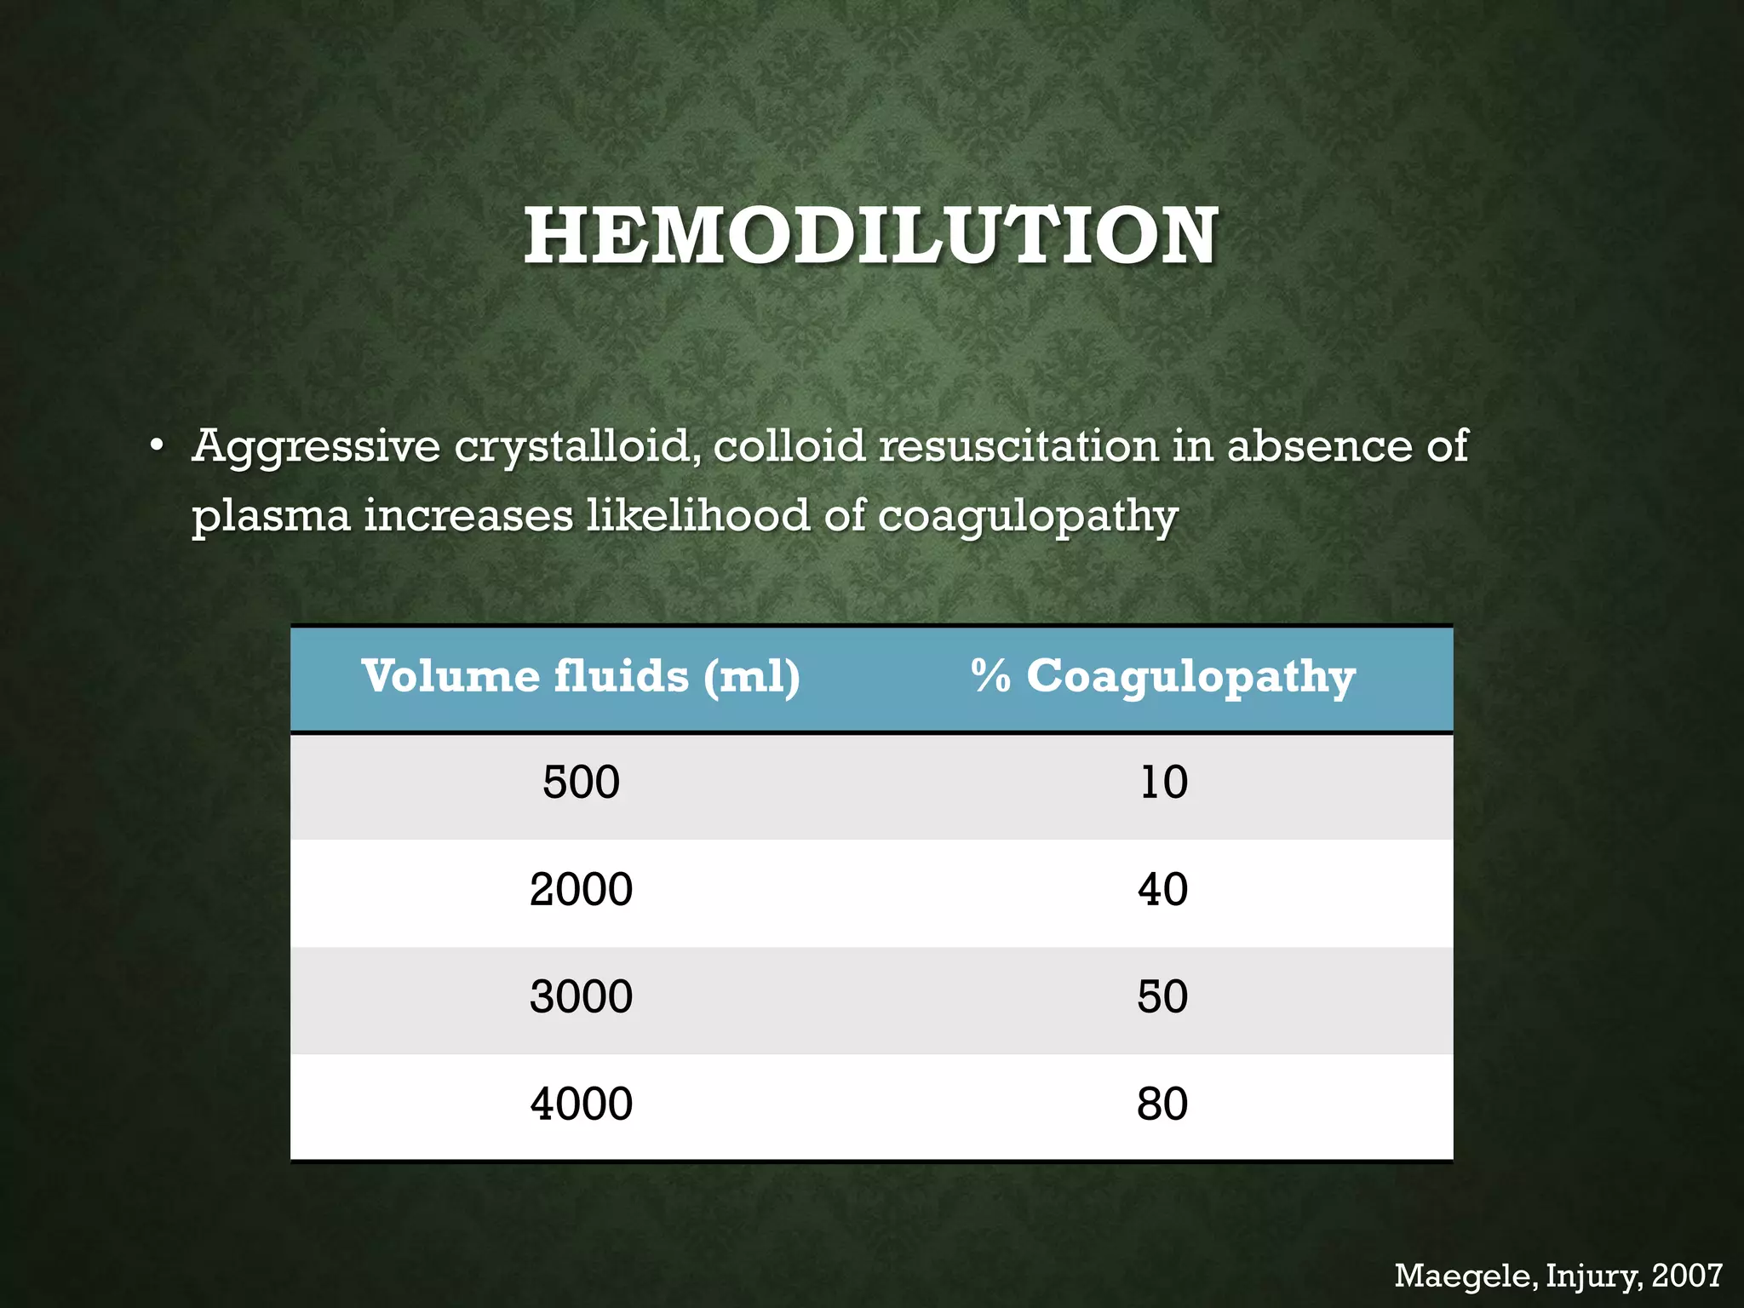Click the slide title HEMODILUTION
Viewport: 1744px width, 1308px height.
870,236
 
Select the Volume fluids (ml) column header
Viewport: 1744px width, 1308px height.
581,677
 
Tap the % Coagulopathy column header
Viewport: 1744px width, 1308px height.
1162,677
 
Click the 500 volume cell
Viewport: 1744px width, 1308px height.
581,783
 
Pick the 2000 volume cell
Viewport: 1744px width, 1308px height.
581,890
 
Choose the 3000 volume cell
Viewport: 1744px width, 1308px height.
581,997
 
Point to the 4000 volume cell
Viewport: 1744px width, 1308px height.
581,1104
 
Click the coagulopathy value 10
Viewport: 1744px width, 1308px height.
1163,783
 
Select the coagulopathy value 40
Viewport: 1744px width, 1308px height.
1162,890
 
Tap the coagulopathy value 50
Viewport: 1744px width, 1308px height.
1162,997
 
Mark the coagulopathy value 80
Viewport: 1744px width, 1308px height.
1162,1104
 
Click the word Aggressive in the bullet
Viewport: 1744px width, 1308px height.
316,448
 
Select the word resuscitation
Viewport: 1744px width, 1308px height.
1018,446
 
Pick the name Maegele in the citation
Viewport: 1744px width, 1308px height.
1465,1276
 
